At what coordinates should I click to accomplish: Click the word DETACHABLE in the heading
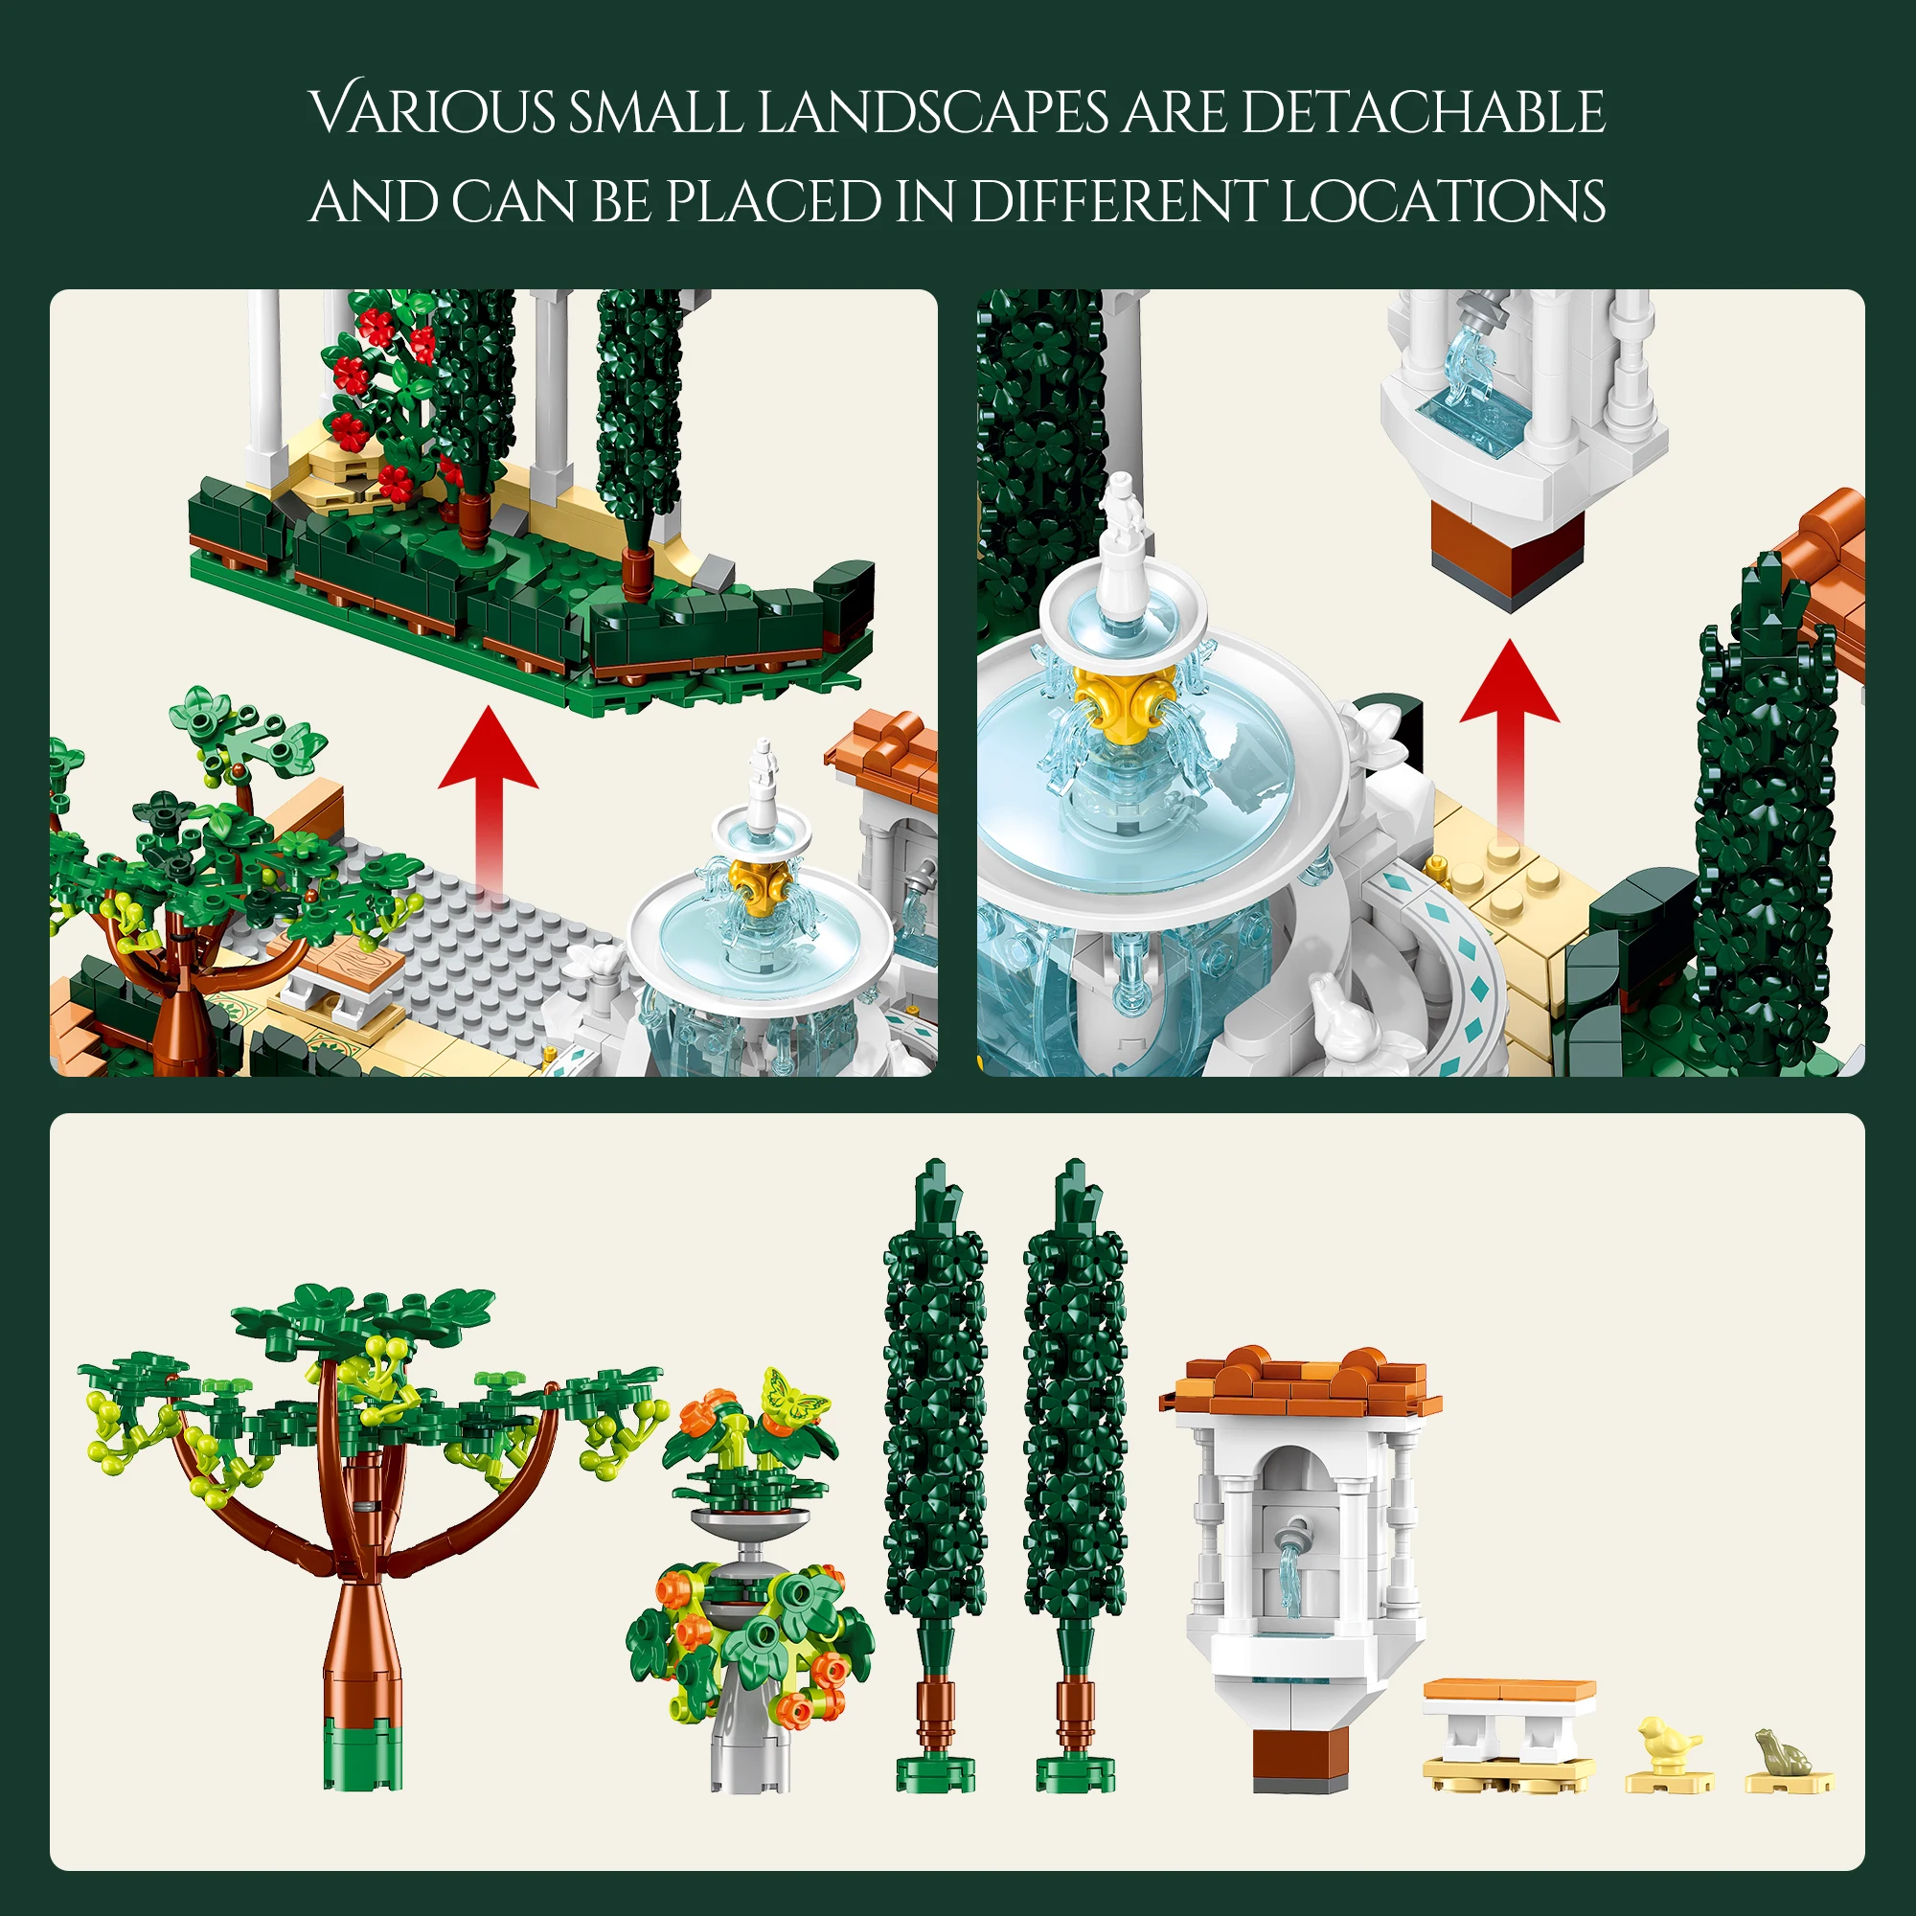1422,111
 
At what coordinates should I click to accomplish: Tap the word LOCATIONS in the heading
1443,202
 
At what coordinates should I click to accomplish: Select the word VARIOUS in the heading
432,111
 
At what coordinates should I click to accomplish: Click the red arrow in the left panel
488,784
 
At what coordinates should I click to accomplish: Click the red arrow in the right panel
1510,724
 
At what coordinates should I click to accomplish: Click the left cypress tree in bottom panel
934,1438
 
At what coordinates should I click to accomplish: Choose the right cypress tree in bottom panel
1075,1438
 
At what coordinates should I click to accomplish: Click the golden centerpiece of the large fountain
1123,697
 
